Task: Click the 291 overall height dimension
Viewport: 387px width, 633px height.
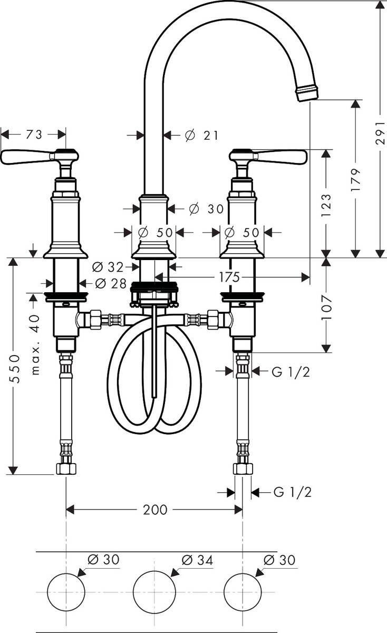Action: click(381, 133)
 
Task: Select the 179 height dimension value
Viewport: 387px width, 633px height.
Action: click(356, 180)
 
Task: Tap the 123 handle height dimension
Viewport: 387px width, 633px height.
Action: click(326, 205)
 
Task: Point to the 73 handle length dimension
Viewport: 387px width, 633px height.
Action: click(34, 135)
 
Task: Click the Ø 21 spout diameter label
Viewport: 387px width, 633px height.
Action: click(202, 136)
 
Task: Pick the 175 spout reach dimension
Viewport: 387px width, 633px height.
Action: click(229, 277)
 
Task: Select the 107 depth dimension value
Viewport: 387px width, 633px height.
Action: click(326, 308)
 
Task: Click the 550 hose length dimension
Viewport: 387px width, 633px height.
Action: click(14, 369)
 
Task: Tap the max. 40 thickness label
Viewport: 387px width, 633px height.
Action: click(35, 345)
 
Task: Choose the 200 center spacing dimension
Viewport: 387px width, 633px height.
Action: click(155, 510)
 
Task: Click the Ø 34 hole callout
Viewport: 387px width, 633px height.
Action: click(197, 560)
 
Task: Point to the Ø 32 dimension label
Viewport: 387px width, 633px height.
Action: click(108, 267)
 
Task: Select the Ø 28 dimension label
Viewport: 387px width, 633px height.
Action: click(111, 283)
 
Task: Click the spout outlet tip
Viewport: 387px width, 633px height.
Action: click(307, 93)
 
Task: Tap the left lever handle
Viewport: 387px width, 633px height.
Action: click(40, 156)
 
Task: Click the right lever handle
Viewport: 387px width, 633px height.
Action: click(268, 156)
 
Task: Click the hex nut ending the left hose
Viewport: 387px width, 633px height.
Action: click(66, 468)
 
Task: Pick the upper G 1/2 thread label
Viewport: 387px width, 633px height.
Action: click(291, 372)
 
